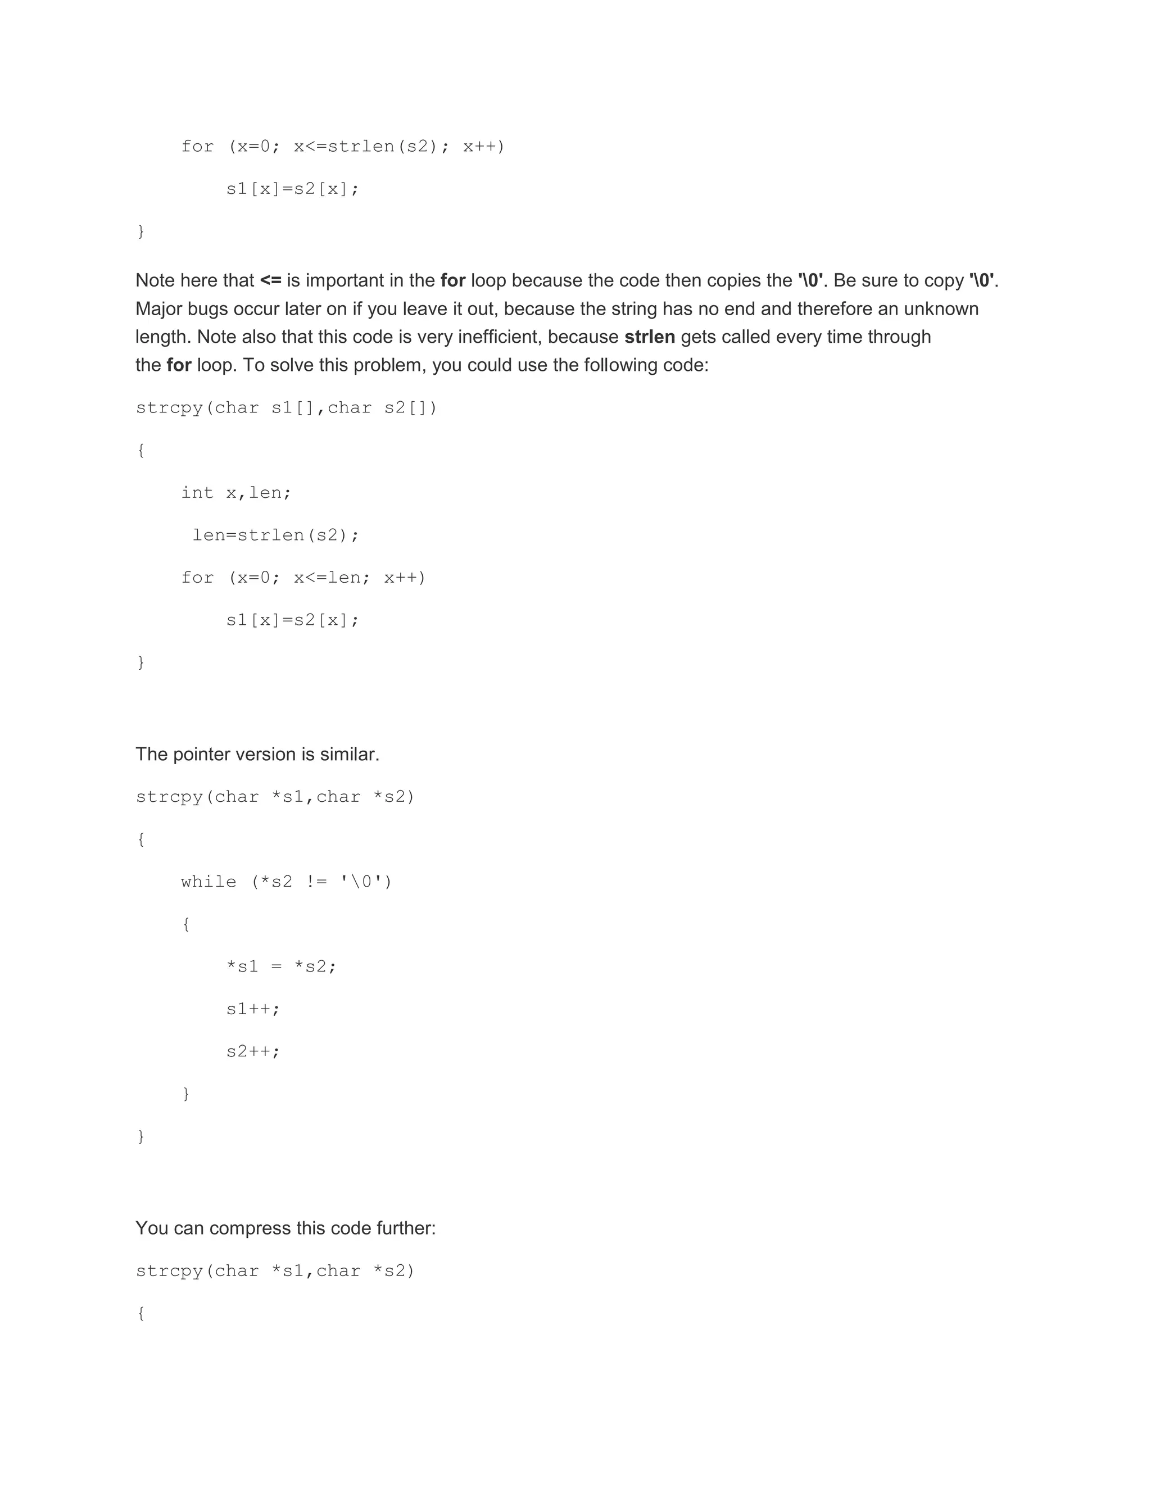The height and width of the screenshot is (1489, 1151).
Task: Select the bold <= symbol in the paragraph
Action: [x=271, y=281]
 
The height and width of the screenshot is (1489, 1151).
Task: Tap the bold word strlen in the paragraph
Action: [x=649, y=337]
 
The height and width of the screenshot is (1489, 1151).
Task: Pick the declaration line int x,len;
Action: [x=236, y=493]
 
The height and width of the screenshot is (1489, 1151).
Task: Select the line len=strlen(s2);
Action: [x=275, y=535]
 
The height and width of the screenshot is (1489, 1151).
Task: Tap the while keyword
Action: [x=209, y=882]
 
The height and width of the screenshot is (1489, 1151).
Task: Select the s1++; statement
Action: [x=253, y=1009]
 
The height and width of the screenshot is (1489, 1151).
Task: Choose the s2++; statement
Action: [x=253, y=1051]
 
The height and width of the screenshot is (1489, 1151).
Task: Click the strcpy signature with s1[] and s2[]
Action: [x=287, y=408]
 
